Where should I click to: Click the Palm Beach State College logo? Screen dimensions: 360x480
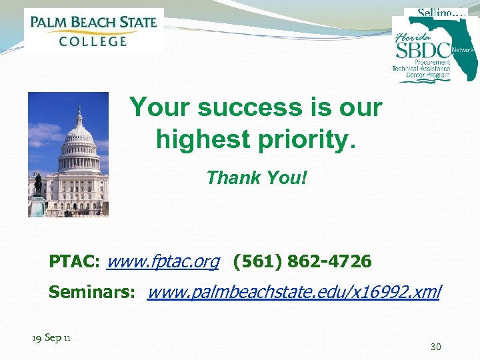(93, 30)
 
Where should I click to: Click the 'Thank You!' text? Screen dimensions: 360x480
(257, 177)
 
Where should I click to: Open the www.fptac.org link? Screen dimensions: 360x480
(163, 261)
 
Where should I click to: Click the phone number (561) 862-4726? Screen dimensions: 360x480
(302, 261)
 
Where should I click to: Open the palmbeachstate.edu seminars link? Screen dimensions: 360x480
(294, 291)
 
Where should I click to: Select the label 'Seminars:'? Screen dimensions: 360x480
(93, 292)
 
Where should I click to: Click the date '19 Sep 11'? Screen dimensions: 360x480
(52, 338)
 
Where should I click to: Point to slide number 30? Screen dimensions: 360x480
(436, 346)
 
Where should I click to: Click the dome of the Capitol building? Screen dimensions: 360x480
(78, 133)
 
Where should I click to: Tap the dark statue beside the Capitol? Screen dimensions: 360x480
(38, 185)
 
